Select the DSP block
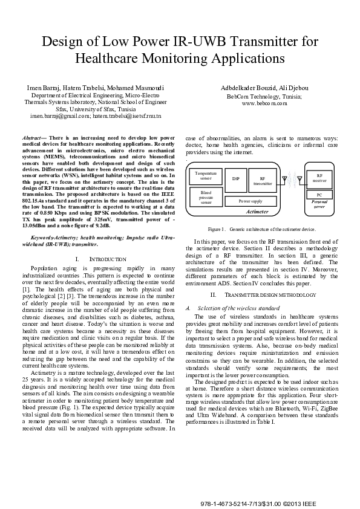tap(236, 179)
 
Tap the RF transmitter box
tap(263, 180)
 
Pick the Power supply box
tap(250, 200)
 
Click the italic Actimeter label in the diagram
tap(257, 212)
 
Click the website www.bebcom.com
tap(264, 103)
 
